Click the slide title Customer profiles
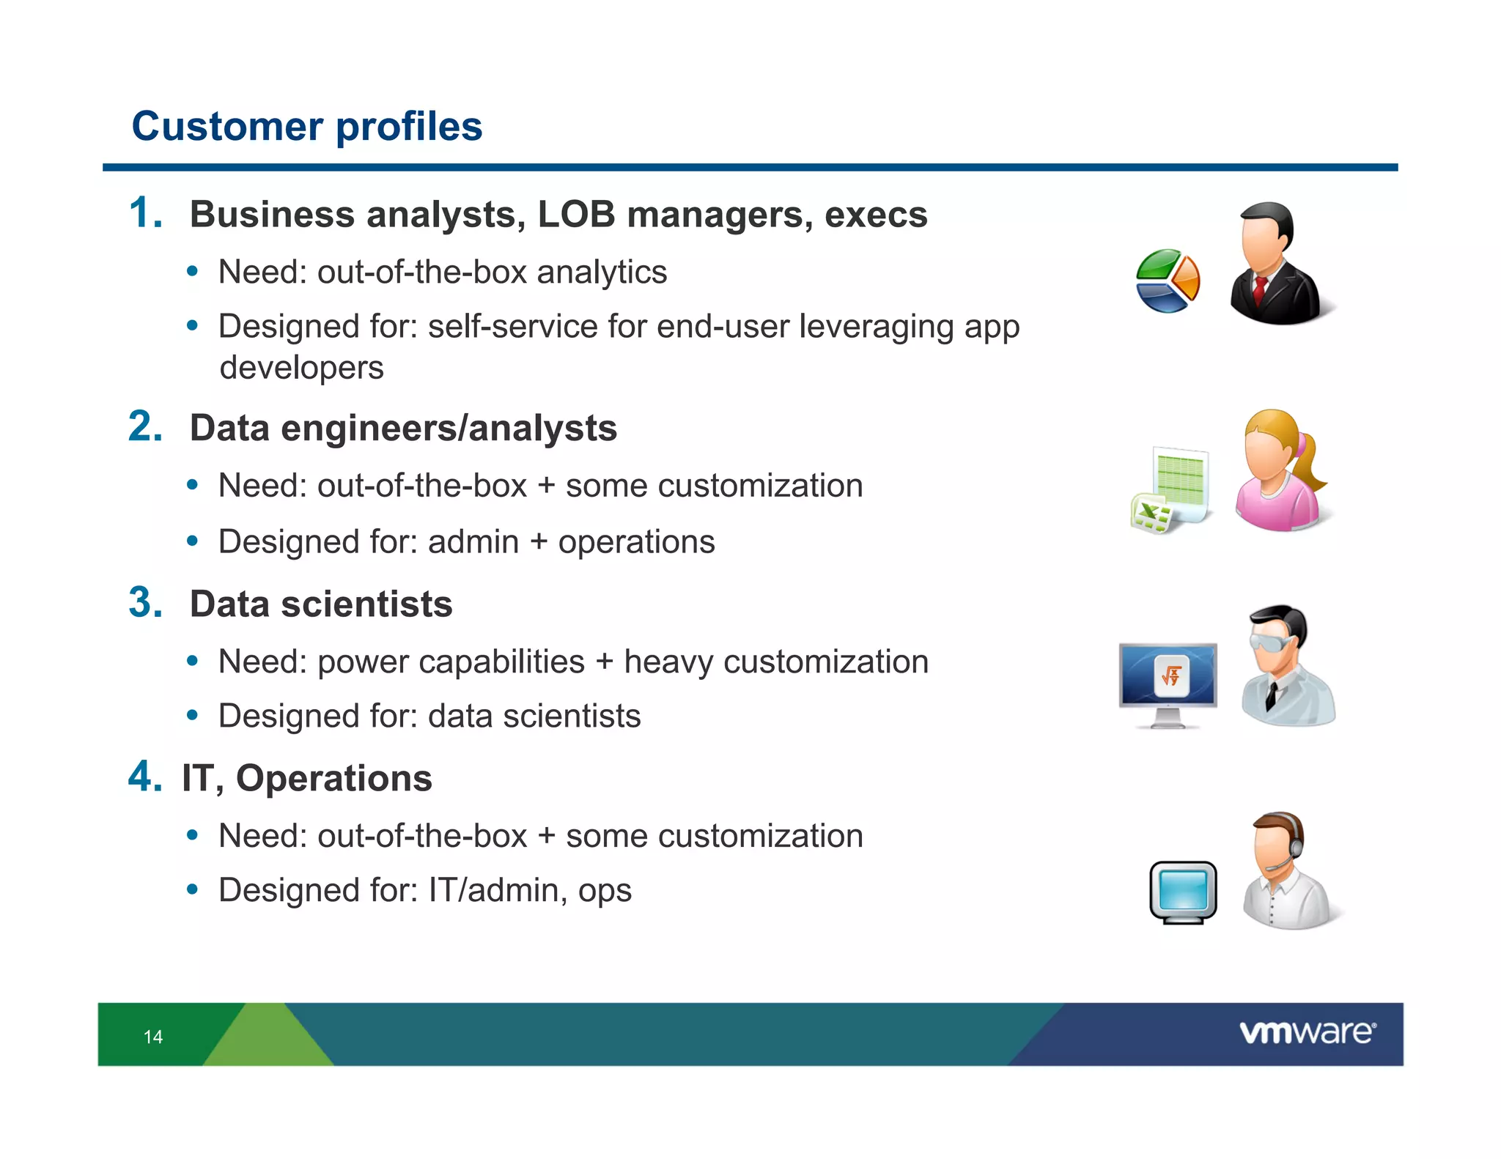[306, 126]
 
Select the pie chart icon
[1167, 281]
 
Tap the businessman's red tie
[1260, 290]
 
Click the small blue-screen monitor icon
[1183, 892]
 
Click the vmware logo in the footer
[1308, 1033]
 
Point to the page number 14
[153, 1037]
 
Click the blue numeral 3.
[145, 603]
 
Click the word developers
[301, 368]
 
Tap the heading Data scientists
[321, 604]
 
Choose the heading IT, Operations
[307, 778]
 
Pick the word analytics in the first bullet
[602, 272]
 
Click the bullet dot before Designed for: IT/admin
[192, 889]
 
